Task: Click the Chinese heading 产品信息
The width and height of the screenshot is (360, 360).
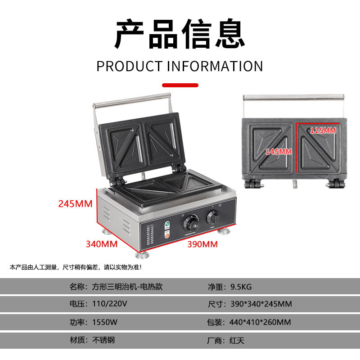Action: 180,35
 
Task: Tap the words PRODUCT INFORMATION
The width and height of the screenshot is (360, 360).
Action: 180,66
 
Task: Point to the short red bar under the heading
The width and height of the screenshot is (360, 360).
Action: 180,85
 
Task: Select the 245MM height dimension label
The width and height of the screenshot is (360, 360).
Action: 75,204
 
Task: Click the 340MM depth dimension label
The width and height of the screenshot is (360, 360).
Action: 102,244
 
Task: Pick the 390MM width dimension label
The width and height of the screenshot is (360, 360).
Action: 202,244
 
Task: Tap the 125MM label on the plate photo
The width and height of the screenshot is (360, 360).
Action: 323,131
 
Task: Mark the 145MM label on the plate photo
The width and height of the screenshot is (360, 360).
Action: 278,151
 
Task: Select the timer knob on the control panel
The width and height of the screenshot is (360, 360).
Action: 212,218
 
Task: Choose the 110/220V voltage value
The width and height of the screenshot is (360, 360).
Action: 109,304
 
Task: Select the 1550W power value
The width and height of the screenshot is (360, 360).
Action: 105,322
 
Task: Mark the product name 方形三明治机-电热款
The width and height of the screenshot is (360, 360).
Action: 127,287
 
